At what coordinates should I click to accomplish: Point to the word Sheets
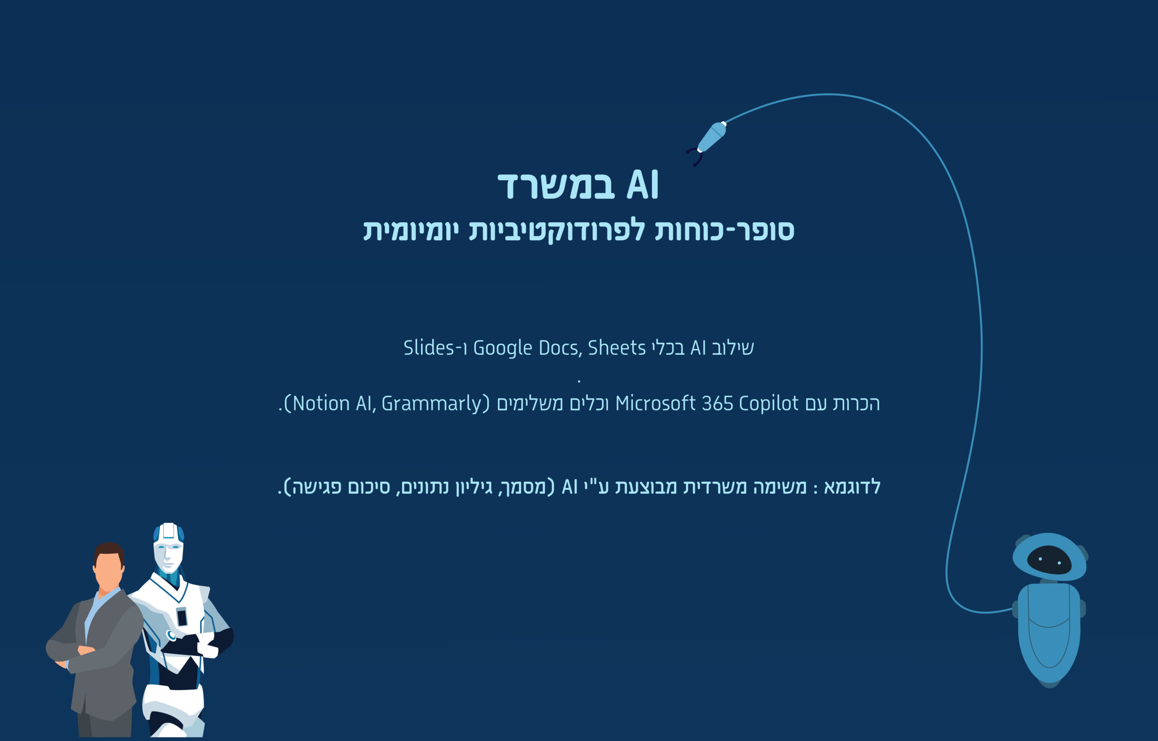617,347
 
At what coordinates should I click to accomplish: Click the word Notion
321,403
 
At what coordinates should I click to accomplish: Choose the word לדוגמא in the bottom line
852,486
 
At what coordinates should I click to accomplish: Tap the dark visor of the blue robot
1049,560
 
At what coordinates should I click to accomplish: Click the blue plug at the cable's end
712,137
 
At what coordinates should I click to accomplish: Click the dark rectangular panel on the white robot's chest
182,617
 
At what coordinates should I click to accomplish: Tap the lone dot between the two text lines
579,381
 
